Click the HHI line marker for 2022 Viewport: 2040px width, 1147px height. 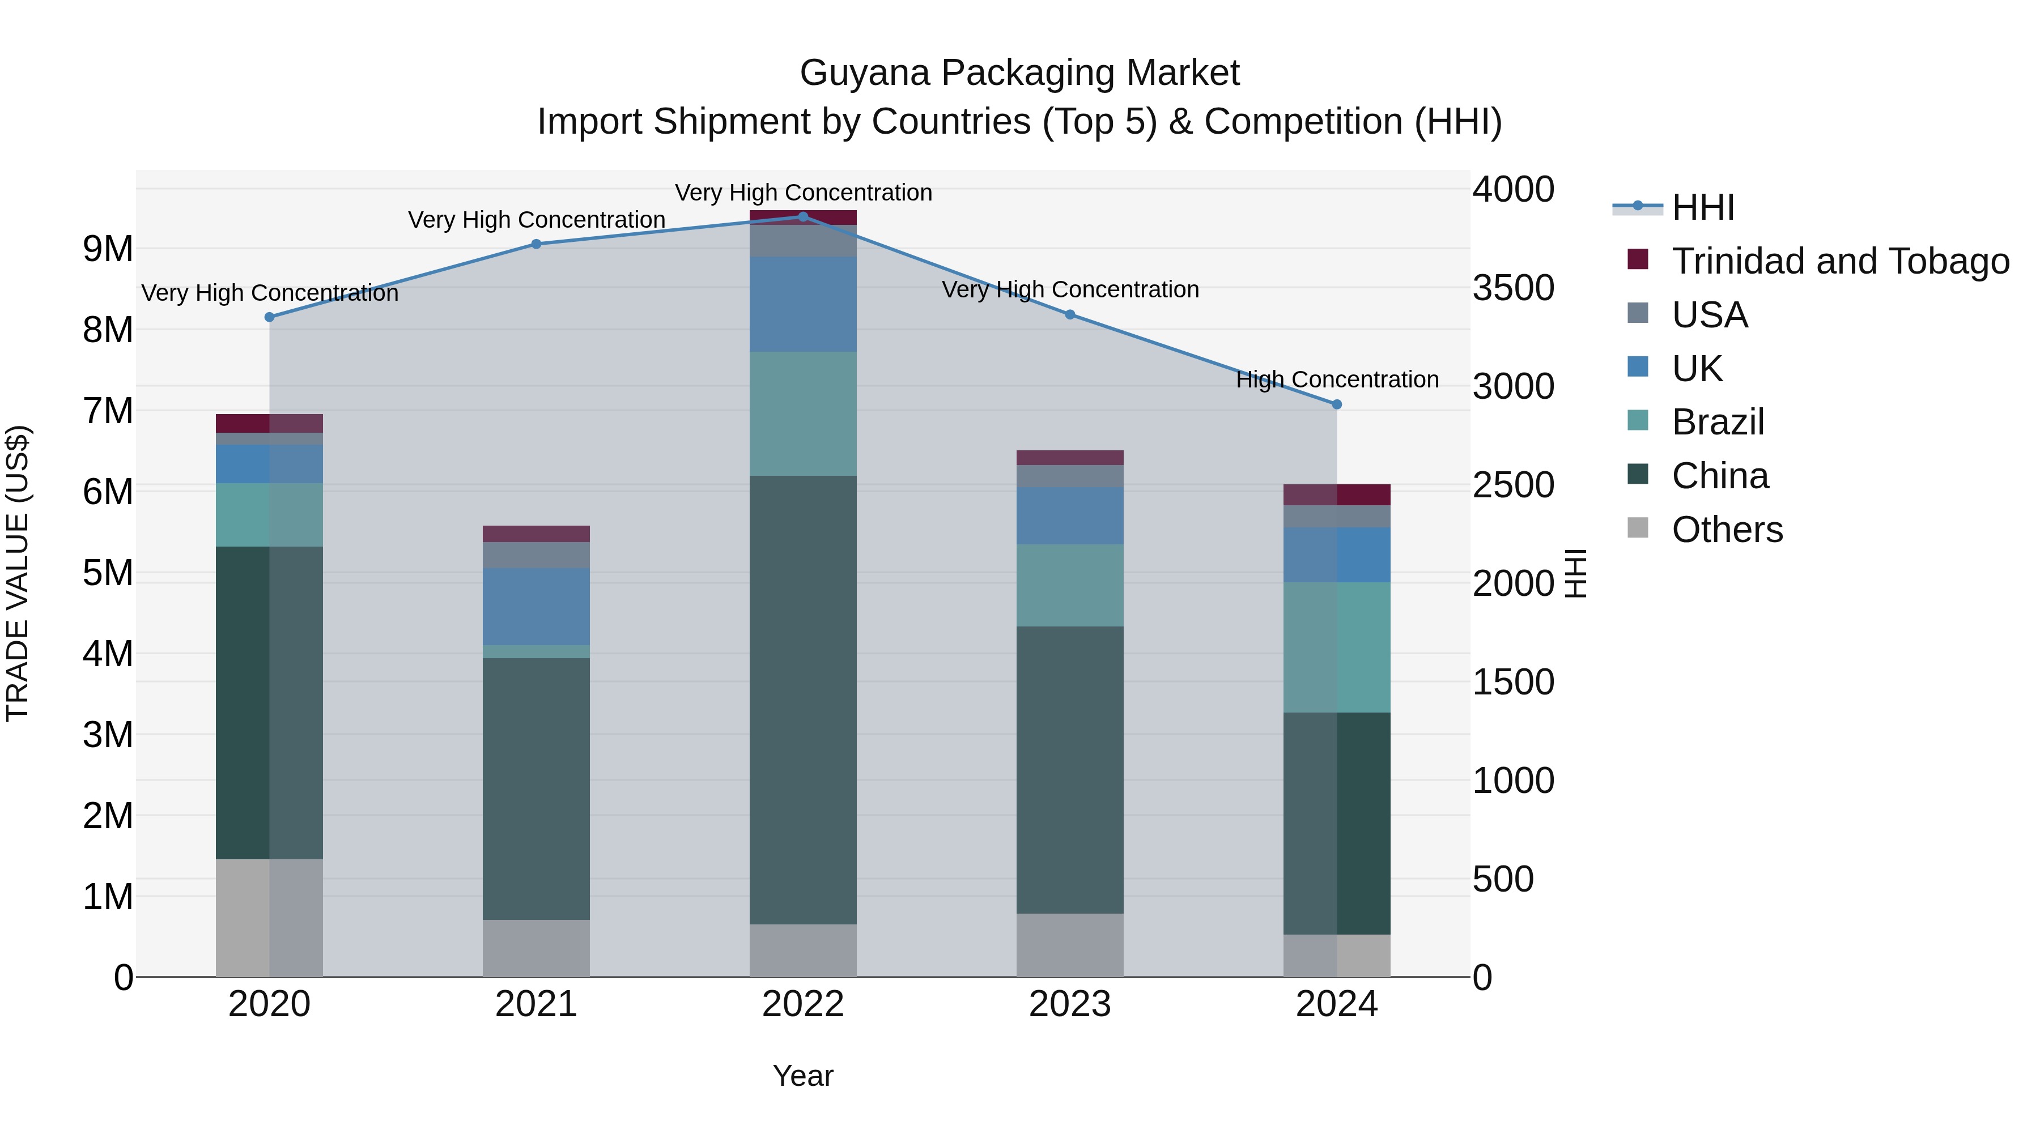pyautogui.click(x=803, y=216)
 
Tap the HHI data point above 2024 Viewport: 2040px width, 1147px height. pyautogui.click(x=1337, y=404)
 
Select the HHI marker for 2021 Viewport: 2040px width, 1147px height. pyautogui.click(x=536, y=244)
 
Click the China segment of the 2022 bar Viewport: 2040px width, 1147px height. pyautogui.click(x=803, y=700)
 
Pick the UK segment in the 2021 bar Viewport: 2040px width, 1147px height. pyautogui.click(x=536, y=606)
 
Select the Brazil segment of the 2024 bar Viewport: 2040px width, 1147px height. pyautogui.click(x=1337, y=647)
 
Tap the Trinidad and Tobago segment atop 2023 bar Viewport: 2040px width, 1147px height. pyautogui.click(x=1070, y=458)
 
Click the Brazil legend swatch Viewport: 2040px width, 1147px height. pyautogui.click(x=1638, y=420)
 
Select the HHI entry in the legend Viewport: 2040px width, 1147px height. pyautogui.click(x=1703, y=207)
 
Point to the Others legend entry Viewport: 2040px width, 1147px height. pyautogui.click(x=1727, y=530)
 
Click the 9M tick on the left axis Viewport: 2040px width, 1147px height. pyautogui.click(x=108, y=249)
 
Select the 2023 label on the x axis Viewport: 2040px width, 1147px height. pyautogui.click(x=1070, y=1004)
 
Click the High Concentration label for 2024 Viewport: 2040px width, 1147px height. pyautogui.click(x=1337, y=380)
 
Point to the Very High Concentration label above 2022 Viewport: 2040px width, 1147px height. pyautogui.click(x=803, y=193)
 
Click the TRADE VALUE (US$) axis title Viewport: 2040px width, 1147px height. pyautogui.click(x=18, y=574)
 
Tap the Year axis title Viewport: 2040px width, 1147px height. pyautogui.click(x=803, y=1076)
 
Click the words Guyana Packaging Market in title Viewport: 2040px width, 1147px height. pyautogui.click(x=1019, y=73)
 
